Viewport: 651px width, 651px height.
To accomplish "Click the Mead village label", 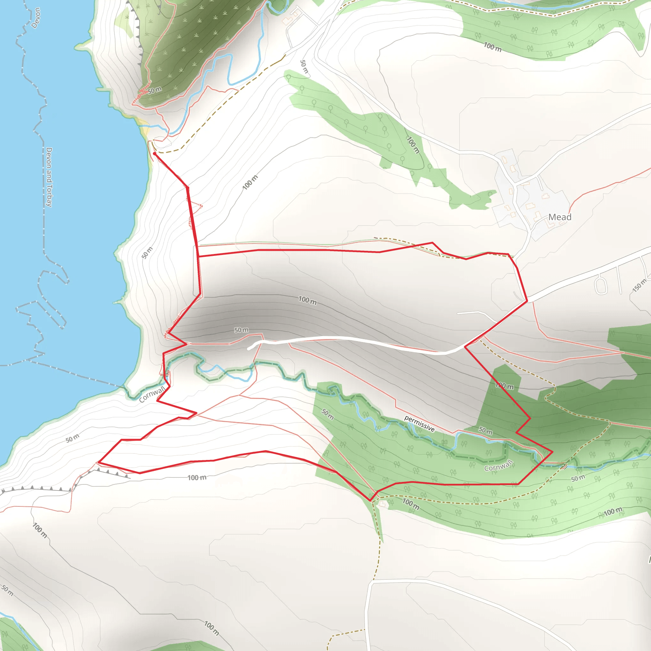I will (x=560, y=217).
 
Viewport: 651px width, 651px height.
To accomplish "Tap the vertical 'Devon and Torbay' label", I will (x=49, y=177).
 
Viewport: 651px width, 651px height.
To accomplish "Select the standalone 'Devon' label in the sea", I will (x=36, y=18).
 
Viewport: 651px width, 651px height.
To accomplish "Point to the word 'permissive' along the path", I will (x=419, y=423).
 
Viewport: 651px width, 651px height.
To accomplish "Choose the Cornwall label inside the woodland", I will (x=498, y=466).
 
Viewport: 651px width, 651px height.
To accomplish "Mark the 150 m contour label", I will (x=639, y=285).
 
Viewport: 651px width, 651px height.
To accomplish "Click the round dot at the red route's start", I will (x=154, y=154).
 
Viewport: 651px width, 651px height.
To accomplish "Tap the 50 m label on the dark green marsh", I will (x=154, y=90).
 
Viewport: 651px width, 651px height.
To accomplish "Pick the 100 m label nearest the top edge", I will (x=493, y=47).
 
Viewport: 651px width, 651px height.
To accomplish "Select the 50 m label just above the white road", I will (x=241, y=330).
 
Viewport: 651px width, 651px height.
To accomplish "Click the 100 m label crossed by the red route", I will (x=504, y=386).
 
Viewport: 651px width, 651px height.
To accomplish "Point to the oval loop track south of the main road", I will (x=601, y=285).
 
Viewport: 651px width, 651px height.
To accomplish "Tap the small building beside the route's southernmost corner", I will (x=382, y=504).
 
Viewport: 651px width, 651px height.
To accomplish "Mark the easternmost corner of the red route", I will (x=552, y=451).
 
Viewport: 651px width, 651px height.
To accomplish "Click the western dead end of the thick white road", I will (x=249, y=349).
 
